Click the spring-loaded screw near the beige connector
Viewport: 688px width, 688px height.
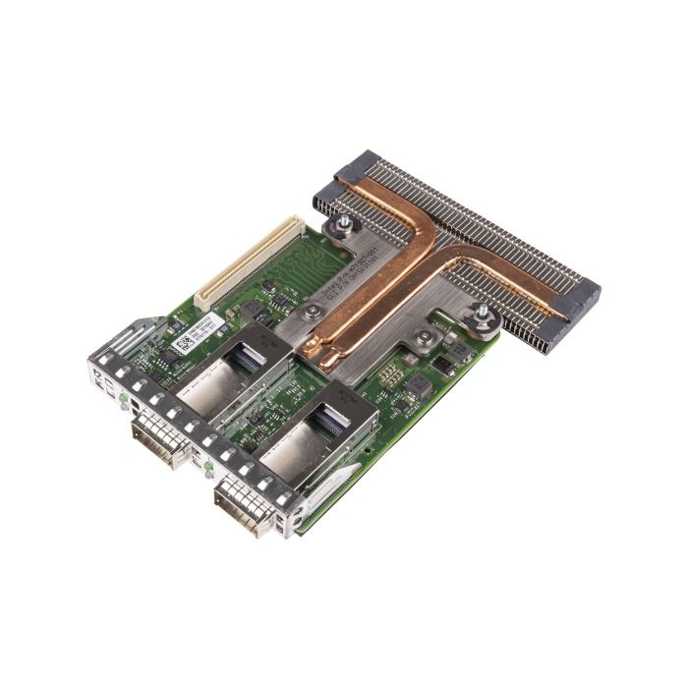(x=341, y=228)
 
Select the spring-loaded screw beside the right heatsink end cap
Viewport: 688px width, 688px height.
(x=483, y=315)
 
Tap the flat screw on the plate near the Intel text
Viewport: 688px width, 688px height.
(x=312, y=311)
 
